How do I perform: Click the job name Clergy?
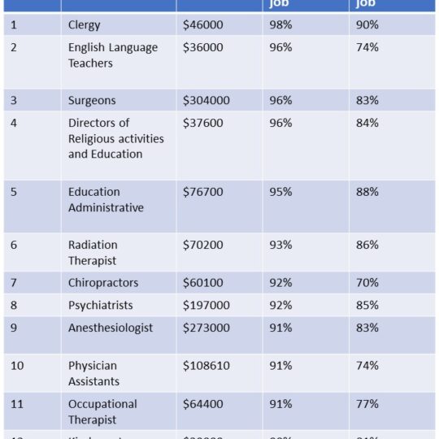[x=84, y=25]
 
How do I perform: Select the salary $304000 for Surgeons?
[x=206, y=101]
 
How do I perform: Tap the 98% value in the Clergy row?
[x=280, y=25]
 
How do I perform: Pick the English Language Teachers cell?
[x=112, y=55]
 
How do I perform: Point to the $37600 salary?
[x=202, y=124]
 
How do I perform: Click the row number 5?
[x=14, y=193]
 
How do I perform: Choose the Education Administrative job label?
[x=106, y=200]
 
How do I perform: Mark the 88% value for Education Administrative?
[x=367, y=193]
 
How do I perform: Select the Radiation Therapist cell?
[x=93, y=253]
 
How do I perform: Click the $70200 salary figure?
[x=202, y=246]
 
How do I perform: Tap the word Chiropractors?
[x=103, y=283]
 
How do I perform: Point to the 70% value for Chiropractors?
[x=367, y=283]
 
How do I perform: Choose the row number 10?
[x=17, y=366]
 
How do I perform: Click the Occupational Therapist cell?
[x=102, y=411]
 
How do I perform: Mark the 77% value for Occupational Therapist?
[x=367, y=404]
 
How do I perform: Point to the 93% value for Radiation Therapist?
[x=280, y=246]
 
